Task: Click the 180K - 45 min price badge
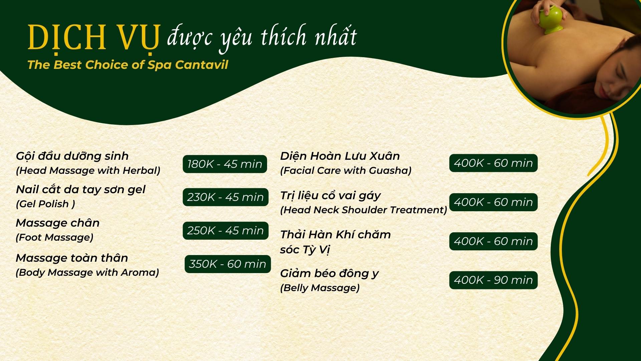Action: point(225,164)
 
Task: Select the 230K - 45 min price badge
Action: point(225,197)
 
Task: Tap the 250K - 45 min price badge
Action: point(225,231)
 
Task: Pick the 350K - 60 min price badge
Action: point(227,264)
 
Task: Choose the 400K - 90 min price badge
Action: point(493,280)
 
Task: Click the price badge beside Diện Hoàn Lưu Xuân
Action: point(493,163)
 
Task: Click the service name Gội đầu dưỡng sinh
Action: point(72,156)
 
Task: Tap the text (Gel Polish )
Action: point(45,204)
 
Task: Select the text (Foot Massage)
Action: point(54,237)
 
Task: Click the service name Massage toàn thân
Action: point(72,258)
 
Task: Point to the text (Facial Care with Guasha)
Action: point(346,170)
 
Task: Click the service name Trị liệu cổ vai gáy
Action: point(331,196)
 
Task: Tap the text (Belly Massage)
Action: point(320,288)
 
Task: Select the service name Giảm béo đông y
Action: point(330,274)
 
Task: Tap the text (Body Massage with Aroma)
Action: point(87,272)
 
